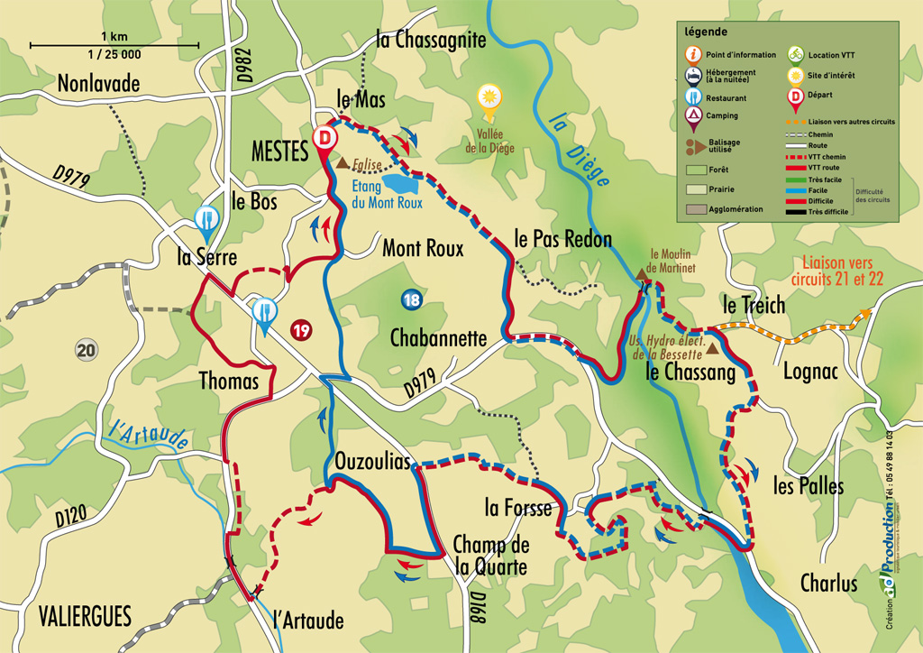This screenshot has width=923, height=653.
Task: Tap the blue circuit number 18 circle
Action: tap(411, 300)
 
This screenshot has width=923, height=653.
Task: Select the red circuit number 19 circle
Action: tap(301, 331)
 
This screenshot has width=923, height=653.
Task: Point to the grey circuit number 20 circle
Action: tap(86, 350)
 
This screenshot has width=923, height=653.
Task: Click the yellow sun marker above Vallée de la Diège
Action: tap(489, 97)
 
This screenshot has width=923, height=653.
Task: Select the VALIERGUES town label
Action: tap(85, 617)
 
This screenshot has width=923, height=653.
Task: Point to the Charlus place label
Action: tap(828, 584)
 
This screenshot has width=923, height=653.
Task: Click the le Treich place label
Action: tap(754, 305)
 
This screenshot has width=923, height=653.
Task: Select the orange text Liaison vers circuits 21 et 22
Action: tap(838, 271)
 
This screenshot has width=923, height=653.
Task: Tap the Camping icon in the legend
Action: tap(693, 115)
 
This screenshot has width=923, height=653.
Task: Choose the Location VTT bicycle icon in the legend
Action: tap(796, 53)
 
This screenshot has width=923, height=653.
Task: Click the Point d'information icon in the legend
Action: tap(693, 54)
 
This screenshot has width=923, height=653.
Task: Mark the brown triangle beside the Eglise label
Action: tap(343, 164)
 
